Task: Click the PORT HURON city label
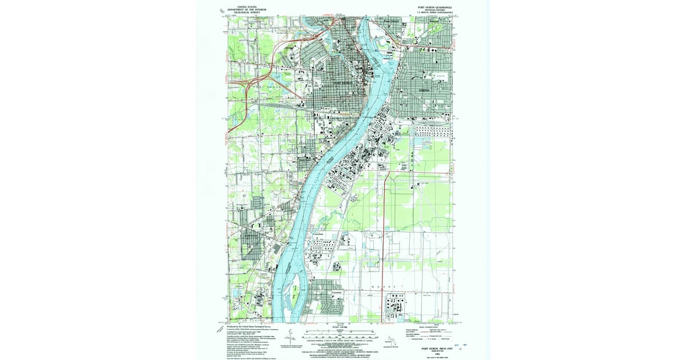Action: (344, 83)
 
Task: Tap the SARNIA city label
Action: (424, 91)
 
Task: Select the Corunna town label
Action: (337, 292)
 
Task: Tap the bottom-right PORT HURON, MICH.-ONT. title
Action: (433, 349)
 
